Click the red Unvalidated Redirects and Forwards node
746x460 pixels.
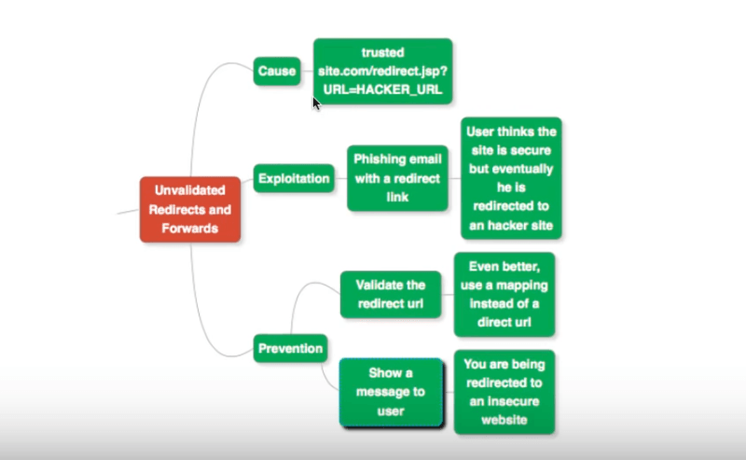coord(190,209)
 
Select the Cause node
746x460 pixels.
coord(276,71)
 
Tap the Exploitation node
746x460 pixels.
coord(294,177)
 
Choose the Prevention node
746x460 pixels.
coord(290,349)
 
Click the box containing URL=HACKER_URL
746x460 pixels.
coord(382,72)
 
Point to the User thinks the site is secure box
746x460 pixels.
coord(511,177)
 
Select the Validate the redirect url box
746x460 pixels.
coord(390,294)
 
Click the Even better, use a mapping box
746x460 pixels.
coord(504,293)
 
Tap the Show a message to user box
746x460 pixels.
coord(391,392)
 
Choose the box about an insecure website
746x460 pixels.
coord(504,392)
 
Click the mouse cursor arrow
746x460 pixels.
coord(316,102)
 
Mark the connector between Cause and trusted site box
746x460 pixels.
coord(307,71)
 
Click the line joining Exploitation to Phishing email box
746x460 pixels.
coord(340,177)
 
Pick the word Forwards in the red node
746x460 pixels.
coord(190,227)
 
